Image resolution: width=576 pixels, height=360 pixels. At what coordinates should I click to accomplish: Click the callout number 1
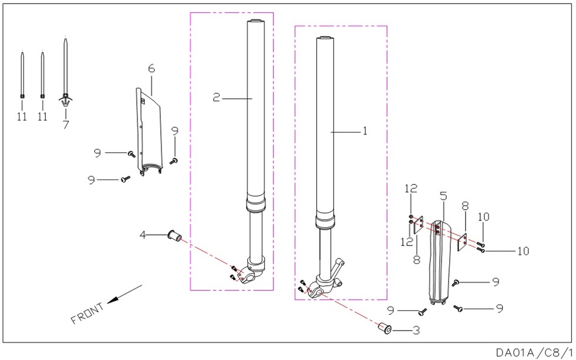point(365,131)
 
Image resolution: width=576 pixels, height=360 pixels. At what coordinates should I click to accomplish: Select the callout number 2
point(216,97)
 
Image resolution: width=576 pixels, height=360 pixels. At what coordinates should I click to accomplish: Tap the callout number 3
point(416,331)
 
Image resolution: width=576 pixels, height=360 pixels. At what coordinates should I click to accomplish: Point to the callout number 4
point(143,234)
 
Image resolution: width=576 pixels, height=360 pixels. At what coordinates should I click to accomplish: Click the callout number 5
point(443,196)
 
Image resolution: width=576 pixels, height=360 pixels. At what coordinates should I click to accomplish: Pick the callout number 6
point(151,68)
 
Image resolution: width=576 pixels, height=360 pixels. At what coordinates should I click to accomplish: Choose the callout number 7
point(66,125)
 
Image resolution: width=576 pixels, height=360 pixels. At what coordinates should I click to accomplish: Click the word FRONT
point(87,313)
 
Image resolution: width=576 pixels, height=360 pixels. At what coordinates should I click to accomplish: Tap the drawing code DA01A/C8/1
point(534,352)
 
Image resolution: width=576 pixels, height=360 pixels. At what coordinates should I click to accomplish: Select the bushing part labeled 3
point(385,328)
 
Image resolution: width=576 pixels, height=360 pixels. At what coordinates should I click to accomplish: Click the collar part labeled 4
point(174,235)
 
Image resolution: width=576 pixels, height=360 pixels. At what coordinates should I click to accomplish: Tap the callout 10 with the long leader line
point(523,251)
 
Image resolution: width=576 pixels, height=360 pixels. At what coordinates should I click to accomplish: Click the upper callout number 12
point(411,189)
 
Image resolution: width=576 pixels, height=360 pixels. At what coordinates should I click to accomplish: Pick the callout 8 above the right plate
point(465,206)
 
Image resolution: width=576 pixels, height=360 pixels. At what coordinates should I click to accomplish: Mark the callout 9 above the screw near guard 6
point(175,131)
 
